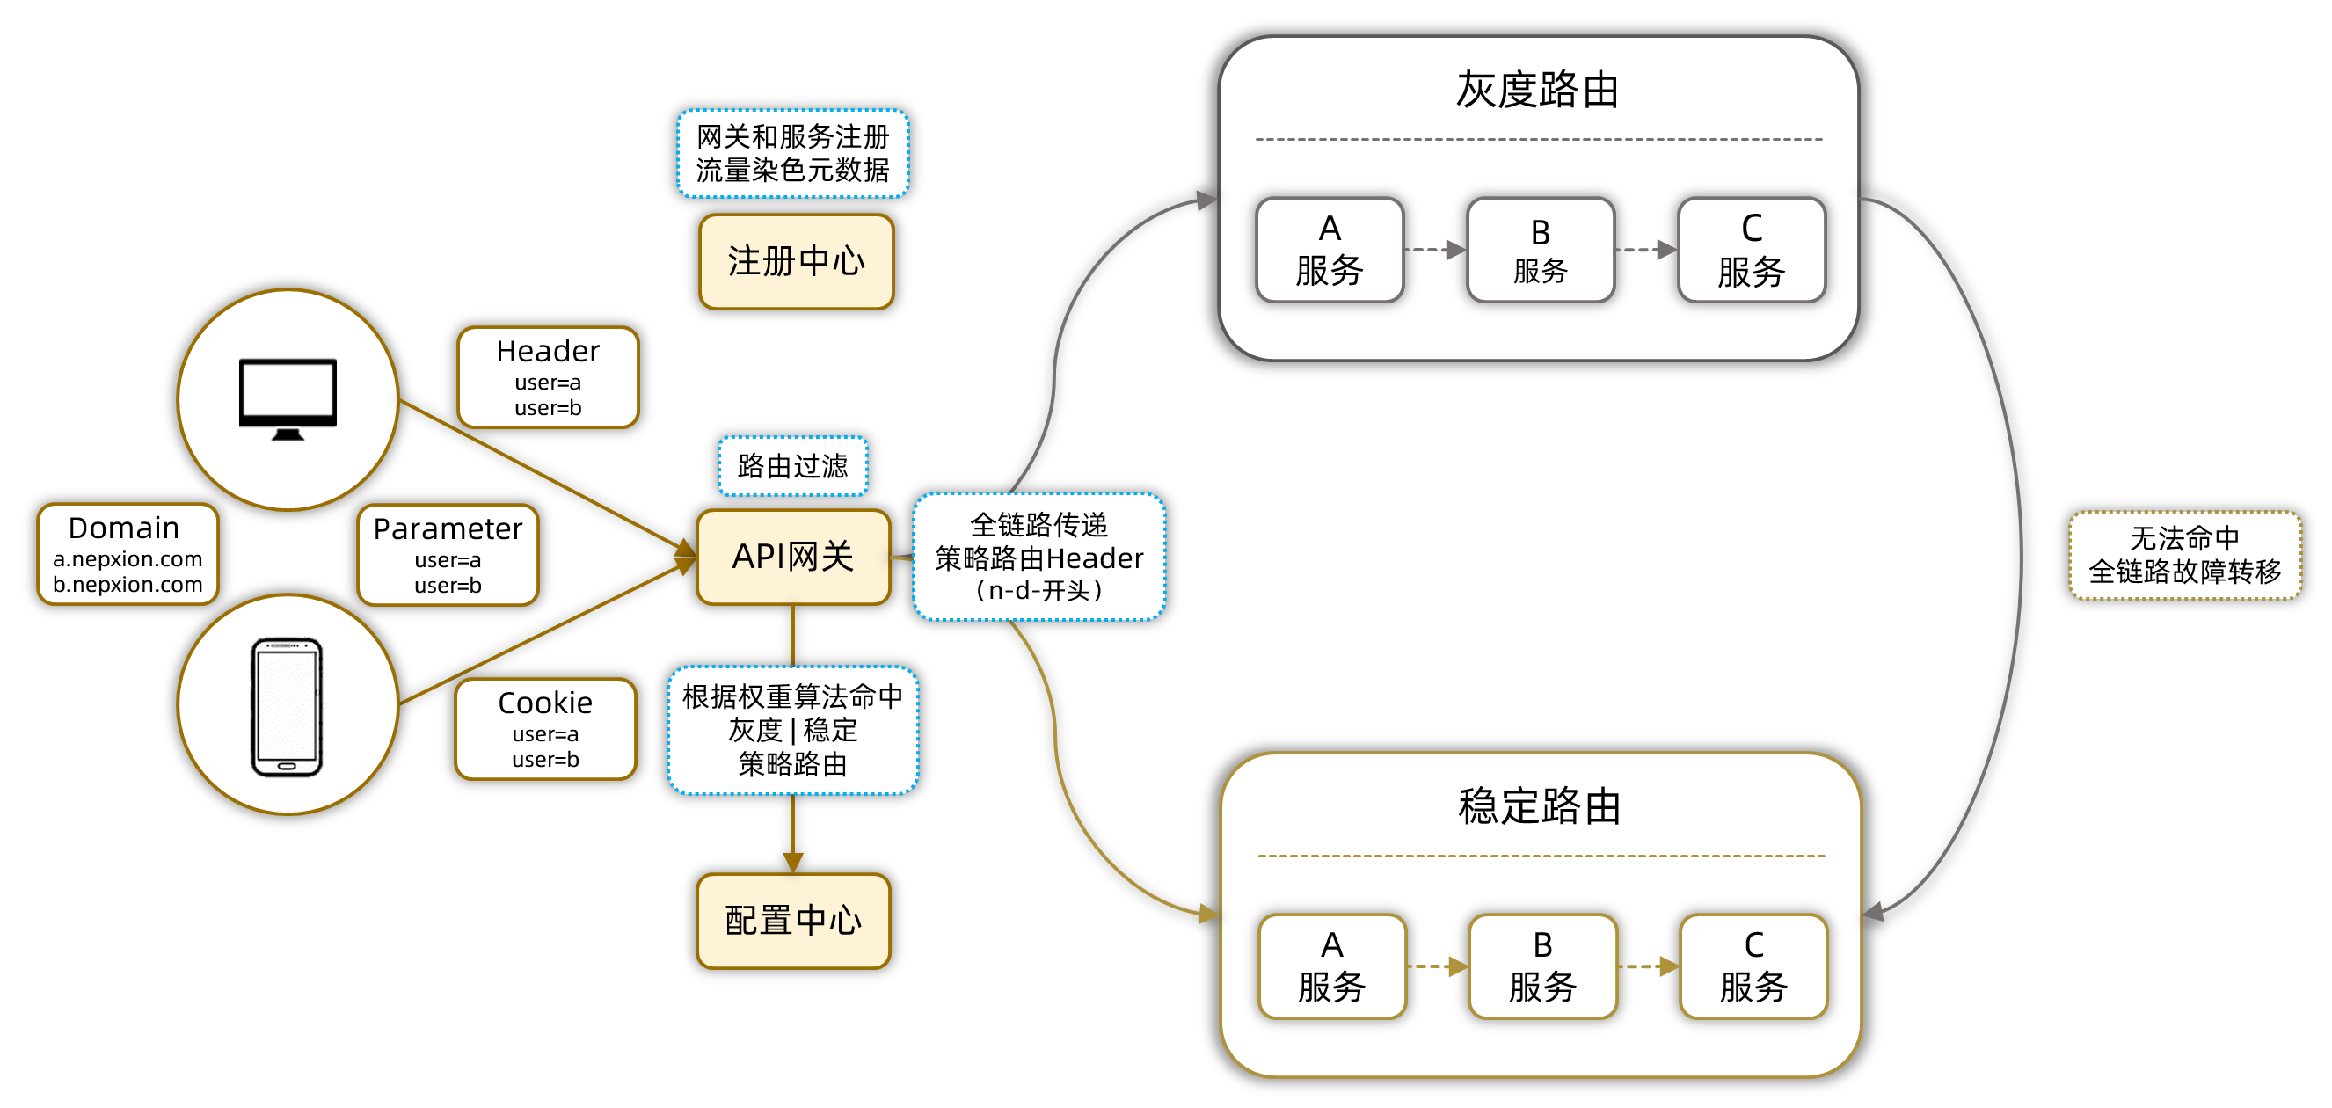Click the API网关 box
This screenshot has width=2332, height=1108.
793,557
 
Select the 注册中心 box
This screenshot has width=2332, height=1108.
796,262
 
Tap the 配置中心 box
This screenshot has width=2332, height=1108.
793,921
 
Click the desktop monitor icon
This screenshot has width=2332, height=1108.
288,398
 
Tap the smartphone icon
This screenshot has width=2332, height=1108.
287,707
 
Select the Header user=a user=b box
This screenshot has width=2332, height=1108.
548,377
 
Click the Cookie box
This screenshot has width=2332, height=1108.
545,729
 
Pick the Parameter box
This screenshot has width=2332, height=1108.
448,555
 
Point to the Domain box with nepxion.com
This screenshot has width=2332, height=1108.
127,554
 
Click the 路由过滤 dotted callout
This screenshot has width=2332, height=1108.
792,466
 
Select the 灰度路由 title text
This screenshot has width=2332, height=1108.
1537,90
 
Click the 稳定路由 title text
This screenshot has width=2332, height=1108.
1539,805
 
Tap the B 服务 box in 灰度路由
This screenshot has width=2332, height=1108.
1540,250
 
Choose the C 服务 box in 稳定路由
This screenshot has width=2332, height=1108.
1753,966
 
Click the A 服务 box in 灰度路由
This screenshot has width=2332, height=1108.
1329,250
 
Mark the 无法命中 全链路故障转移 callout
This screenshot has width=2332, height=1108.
2183,555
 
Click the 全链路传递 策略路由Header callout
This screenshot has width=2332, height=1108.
1038,557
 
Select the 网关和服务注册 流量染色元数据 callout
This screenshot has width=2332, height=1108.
792,153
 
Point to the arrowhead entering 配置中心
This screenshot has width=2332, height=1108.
793,863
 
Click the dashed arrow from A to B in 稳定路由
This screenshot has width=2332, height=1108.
1438,966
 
